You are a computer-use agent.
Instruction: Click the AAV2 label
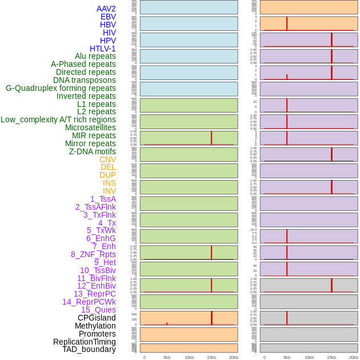click(x=106, y=9)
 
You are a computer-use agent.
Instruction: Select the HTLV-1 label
click(x=102, y=49)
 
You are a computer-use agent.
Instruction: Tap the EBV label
click(x=108, y=17)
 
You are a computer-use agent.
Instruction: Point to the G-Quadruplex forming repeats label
click(x=61, y=88)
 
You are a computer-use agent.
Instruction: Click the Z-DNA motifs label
click(x=92, y=151)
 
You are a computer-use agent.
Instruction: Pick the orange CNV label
click(x=107, y=159)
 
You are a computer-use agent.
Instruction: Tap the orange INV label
click(x=109, y=191)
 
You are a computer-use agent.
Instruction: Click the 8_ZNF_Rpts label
click(x=93, y=254)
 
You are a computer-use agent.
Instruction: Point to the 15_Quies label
click(x=98, y=310)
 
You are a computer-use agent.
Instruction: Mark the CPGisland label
click(x=97, y=318)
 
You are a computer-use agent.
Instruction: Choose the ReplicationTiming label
click(x=84, y=342)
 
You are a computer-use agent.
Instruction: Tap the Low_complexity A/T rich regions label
click(x=58, y=119)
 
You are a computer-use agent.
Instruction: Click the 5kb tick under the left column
click(x=167, y=357)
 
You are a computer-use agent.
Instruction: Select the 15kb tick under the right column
click(x=331, y=357)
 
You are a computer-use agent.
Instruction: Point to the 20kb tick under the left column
click(x=234, y=357)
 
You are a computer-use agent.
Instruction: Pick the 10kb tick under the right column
click(x=309, y=357)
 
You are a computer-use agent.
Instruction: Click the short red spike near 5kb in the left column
click(x=167, y=323)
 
